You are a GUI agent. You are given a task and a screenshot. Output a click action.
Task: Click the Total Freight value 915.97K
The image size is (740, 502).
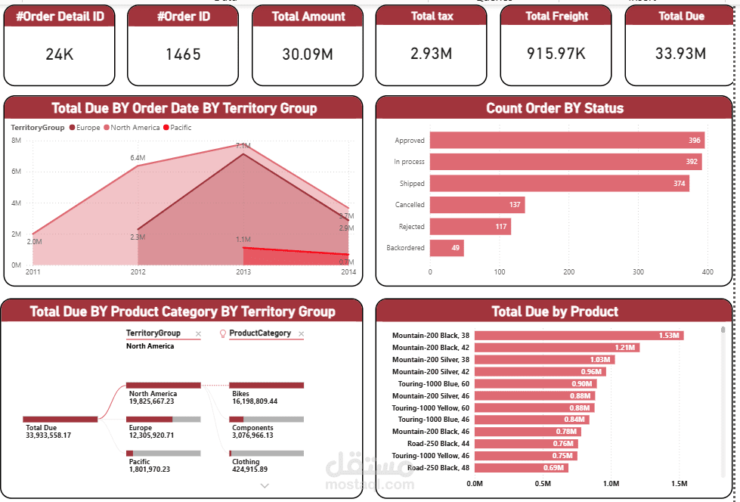pyautogui.click(x=556, y=54)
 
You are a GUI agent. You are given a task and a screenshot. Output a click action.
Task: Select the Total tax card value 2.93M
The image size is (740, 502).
pyautogui.click(x=431, y=54)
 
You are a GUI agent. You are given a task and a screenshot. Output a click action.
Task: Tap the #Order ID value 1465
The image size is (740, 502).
pyautogui.click(x=183, y=54)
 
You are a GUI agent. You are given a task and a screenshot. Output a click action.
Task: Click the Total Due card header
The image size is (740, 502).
pyautogui.click(x=681, y=16)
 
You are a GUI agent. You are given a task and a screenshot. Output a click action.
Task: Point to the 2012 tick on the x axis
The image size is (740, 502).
pyautogui.click(x=138, y=271)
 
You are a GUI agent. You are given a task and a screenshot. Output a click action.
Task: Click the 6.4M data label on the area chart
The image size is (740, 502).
pyautogui.click(x=138, y=158)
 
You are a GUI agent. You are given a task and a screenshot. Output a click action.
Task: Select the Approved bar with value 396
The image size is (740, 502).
pyautogui.click(x=567, y=141)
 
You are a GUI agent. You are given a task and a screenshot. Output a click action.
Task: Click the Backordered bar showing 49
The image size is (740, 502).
pyautogui.click(x=447, y=248)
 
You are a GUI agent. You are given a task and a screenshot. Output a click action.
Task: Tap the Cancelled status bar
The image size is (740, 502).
pyautogui.click(x=477, y=205)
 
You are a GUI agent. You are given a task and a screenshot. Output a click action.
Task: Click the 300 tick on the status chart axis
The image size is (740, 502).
pyautogui.click(x=638, y=271)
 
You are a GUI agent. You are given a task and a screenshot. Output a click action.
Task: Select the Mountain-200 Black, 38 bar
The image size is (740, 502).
pyautogui.click(x=579, y=336)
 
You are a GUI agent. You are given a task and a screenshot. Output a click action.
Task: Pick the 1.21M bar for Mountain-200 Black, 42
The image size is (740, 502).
pyautogui.click(x=557, y=348)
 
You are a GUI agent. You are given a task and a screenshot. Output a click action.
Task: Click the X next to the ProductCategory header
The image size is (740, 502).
pyautogui.click(x=300, y=333)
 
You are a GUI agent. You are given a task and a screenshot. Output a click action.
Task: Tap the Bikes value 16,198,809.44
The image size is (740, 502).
pyautogui.click(x=255, y=401)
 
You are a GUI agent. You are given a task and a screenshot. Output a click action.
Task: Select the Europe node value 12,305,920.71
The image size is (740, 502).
pyautogui.click(x=151, y=435)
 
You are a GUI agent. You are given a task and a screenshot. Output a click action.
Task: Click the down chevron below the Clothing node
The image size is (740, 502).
pyautogui.click(x=265, y=486)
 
